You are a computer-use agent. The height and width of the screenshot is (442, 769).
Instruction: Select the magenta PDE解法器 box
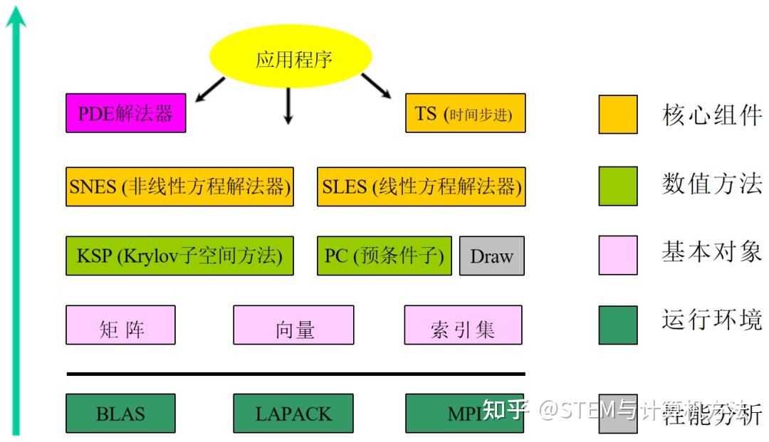(x=125, y=113)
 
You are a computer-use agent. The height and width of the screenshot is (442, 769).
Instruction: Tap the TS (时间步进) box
(x=465, y=113)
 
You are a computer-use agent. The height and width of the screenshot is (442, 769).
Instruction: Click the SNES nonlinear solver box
(x=180, y=186)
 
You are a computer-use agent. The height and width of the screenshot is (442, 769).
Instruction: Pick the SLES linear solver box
(x=421, y=186)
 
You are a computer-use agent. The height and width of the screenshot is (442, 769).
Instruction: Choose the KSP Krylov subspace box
(x=180, y=256)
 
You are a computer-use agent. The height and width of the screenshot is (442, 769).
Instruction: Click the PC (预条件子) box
(x=384, y=256)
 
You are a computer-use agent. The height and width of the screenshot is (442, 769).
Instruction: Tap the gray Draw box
(x=491, y=256)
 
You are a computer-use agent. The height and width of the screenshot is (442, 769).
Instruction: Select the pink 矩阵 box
(x=120, y=325)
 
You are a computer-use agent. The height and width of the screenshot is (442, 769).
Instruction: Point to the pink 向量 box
(x=293, y=325)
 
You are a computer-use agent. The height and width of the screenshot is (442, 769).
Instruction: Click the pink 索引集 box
(x=463, y=325)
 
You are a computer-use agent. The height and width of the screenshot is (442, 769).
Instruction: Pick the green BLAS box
(x=120, y=414)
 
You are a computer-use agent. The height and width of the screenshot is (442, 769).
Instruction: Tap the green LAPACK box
(x=293, y=414)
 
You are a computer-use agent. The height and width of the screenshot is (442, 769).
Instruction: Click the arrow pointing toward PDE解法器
(x=210, y=90)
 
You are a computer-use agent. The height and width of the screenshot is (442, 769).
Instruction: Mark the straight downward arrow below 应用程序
(x=288, y=107)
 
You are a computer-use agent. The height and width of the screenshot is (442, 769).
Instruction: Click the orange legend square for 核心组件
(x=617, y=114)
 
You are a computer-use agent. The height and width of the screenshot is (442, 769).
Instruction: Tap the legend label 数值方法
(x=711, y=183)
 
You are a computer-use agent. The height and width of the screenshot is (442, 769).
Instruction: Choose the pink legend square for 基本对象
(x=617, y=255)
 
